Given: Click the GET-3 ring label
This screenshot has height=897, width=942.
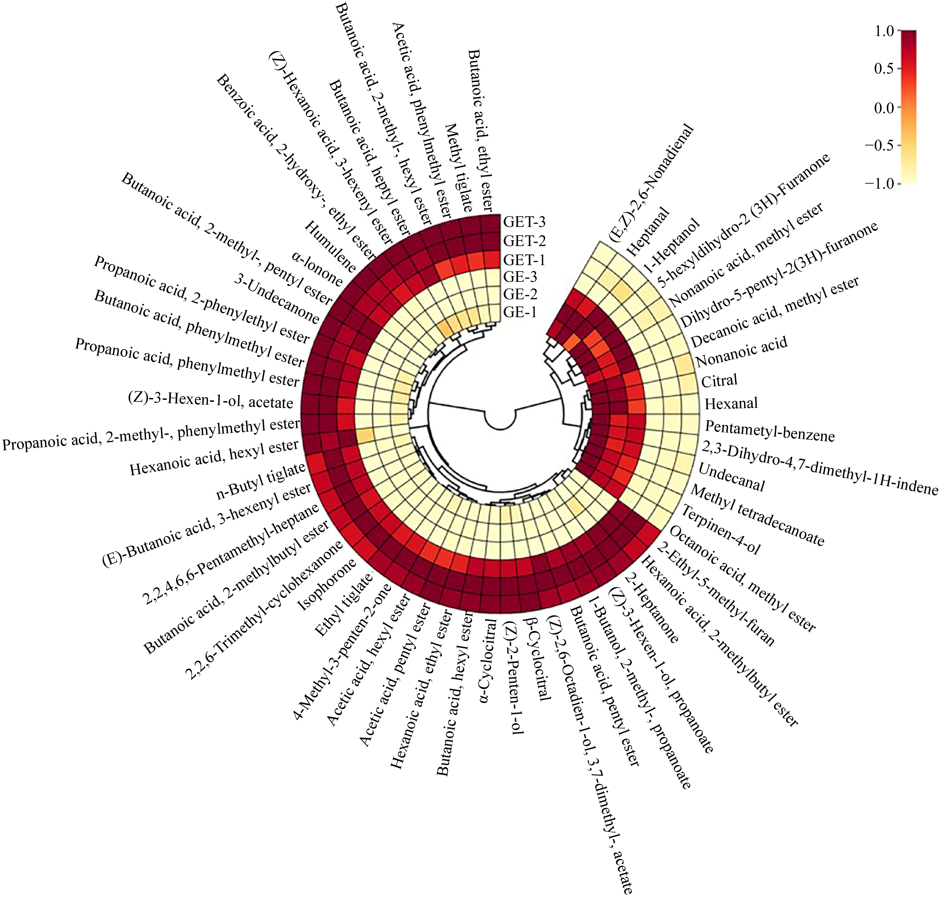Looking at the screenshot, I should [x=524, y=222].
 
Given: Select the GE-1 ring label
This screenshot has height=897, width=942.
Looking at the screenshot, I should [x=520, y=312].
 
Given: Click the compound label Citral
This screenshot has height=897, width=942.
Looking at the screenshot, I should [x=719, y=381].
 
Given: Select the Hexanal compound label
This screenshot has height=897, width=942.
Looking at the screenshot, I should [x=731, y=404].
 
